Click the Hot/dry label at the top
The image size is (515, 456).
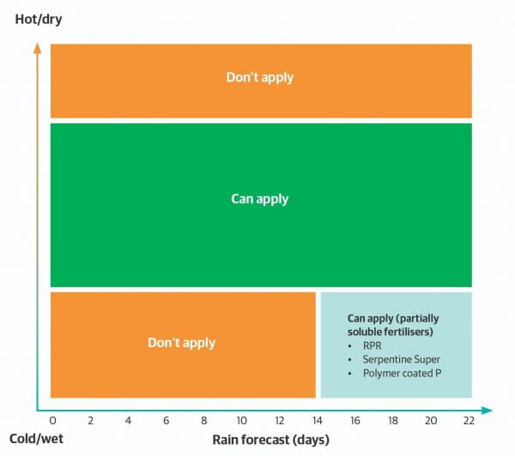pyautogui.click(x=39, y=17)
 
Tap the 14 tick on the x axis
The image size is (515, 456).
pyautogui.click(x=317, y=421)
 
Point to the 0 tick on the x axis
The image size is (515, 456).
pyautogui.click(x=52, y=421)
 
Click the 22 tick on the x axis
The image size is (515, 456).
pyautogui.click(x=469, y=421)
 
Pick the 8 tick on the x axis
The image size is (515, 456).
pyautogui.click(x=203, y=421)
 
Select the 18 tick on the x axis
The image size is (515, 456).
pyautogui.click(x=393, y=421)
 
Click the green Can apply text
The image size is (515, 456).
pyautogui.click(x=259, y=199)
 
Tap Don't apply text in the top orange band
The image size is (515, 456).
pyautogui.click(x=259, y=77)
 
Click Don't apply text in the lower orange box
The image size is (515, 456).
pyautogui.click(x=181, y=343)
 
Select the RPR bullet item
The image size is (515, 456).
pyautogui.click(x=372, y=346)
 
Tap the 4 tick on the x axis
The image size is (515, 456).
pyautogui.click(x=128, y=421)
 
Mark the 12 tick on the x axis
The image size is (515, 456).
pyautogui.click(x=279, y=421)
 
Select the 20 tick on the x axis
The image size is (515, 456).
pyautogui.click(x=431, y=421)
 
